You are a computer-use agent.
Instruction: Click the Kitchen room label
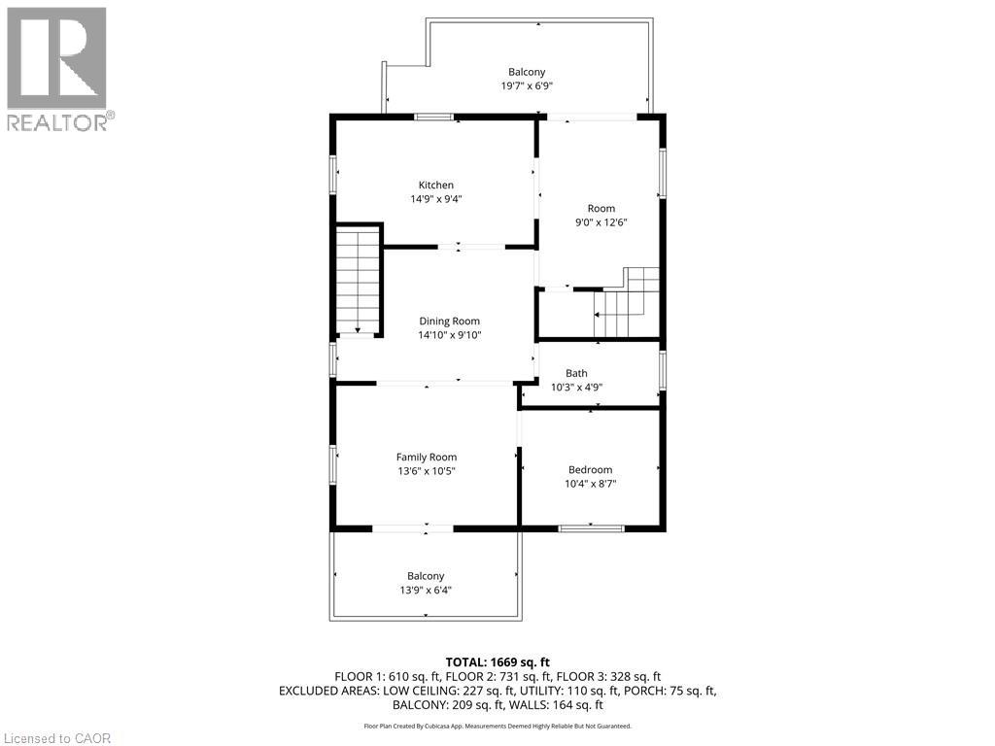point(436,186)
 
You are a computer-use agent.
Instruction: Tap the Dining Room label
point(449,321)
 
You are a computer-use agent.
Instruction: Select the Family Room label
point(427,457)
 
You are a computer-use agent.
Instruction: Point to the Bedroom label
point(590,469)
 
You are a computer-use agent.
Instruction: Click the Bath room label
point(576,373)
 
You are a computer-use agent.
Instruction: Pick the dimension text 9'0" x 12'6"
point(600,222)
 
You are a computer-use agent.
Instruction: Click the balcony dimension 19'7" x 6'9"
point(527,85)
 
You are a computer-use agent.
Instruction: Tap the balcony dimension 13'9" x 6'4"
point(426,590)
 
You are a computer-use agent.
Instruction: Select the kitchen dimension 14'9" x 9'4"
point(436,199)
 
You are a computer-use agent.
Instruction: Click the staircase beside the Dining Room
point(358,280)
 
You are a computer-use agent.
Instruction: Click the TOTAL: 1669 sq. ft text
point(497,662)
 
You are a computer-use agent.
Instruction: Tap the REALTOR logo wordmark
point(61,122)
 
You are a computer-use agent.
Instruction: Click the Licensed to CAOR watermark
point(57,738)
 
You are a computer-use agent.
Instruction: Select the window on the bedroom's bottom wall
point(592,527)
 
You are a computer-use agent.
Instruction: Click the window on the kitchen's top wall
point(434,117)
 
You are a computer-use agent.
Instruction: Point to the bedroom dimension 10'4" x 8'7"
point(590,484)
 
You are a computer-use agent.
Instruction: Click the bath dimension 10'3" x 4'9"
point(576,387)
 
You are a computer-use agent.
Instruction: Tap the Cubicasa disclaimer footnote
point(497,726)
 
